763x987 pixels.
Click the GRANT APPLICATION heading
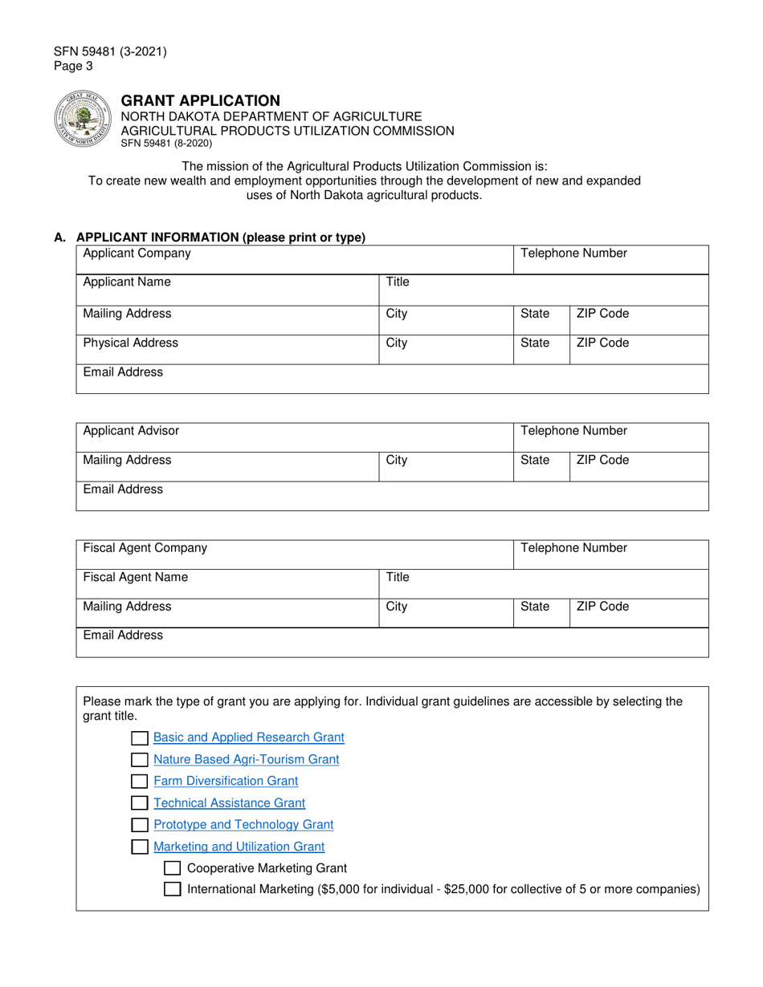tap(200, 100)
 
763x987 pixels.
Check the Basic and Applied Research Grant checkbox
tap(140, 737)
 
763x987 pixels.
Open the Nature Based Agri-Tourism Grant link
tap(246, 759)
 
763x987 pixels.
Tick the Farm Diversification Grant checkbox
tap(140, 781)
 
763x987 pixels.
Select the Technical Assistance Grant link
tap(229, 802)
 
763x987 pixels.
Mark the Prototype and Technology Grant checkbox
tap(140, 825)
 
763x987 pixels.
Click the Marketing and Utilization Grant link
tap(239, 847)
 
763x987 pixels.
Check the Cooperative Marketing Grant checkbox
tap(172, 868)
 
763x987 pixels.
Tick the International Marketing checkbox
tap(172, 889)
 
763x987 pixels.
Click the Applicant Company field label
tap(137, 254)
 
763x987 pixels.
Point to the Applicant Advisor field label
tap(131, 431)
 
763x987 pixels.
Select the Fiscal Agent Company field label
tap(145, 548)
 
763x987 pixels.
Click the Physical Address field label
tap(131, 343)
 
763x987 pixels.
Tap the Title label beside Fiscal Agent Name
tap(398, 577)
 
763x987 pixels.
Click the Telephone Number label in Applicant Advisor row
tap(573, 431)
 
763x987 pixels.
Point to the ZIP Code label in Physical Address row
tap(602, 343)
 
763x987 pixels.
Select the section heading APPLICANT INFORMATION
tap(220, 238)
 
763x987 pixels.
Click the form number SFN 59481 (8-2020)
tap(166, 144)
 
